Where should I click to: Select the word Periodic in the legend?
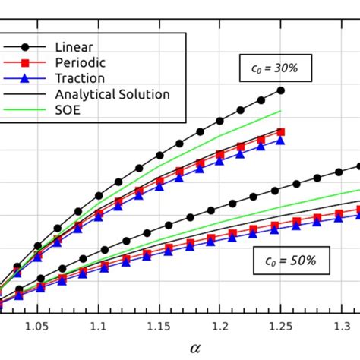81,61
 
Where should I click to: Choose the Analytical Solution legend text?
112,94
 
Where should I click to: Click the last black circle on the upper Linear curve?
281,90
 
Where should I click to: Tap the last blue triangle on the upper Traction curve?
281,140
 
